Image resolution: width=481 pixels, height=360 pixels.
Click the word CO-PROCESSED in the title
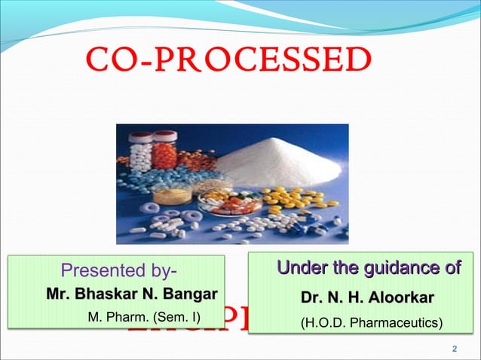coord(229,58)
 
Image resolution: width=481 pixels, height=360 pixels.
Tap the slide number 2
coord(454,348)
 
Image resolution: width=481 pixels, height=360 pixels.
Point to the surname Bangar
coord(191,293)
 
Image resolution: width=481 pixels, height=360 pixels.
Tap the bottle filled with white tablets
coord(139,154)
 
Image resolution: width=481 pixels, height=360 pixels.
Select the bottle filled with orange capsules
coord(164,154)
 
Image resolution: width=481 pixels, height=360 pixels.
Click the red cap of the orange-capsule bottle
coord(164,136)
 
